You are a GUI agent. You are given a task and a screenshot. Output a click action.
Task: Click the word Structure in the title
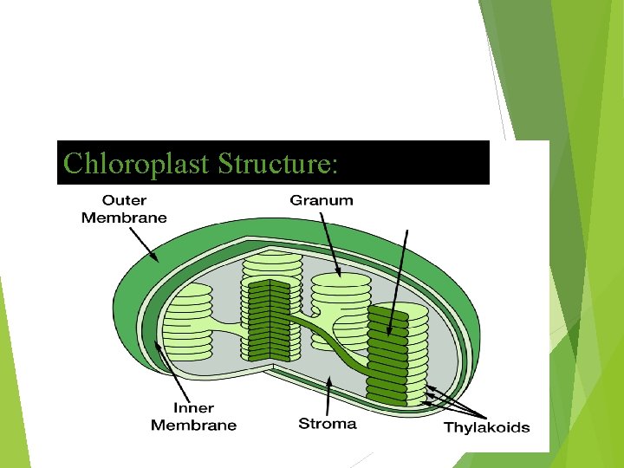click(276, 163)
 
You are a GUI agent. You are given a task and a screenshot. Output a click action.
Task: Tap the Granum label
click(322, 200)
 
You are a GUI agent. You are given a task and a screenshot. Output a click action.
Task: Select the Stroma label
click(327, 424)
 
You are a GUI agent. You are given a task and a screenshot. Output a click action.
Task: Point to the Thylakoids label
click(486, 427)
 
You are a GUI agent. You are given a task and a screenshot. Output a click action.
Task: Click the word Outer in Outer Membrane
click(125, 200)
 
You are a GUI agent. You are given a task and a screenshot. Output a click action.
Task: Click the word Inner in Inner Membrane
click(193, 408)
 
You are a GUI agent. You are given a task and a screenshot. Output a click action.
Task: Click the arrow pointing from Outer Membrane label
click(144, 243)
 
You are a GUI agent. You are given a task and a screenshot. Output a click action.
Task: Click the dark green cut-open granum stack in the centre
click(269, 321)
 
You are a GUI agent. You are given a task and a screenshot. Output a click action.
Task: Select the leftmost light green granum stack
click(188, 321)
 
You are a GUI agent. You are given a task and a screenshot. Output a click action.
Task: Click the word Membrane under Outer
click(124, 218)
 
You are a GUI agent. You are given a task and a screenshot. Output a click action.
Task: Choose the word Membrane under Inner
click(193, 425)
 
